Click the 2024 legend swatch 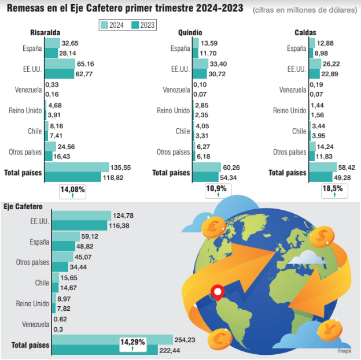coord(105,24)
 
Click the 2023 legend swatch coord(135,24)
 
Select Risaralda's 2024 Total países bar coord(77,167)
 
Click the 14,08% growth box coord(72,191)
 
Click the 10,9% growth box coord(217,191)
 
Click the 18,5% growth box coord(333,191)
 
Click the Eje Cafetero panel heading coord(23,206)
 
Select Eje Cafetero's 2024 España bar coord(66,236)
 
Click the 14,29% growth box coord(132,344)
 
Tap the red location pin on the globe coord(218,292)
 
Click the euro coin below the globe coord(220,337)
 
